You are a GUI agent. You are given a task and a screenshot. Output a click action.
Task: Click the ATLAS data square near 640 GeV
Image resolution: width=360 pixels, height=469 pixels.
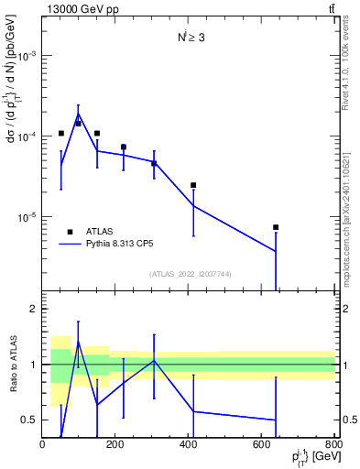(x=276, y=227)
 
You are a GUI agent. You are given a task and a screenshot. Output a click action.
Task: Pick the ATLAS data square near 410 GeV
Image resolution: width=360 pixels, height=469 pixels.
(x=193, y=185)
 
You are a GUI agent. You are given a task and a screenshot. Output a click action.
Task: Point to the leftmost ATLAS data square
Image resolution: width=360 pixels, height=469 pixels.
(x=61, y=134)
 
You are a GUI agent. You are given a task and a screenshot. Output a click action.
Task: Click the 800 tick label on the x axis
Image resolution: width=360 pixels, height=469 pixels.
(x=334, y=444)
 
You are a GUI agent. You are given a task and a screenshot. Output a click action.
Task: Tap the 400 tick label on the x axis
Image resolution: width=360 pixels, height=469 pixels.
(x=189, y=444)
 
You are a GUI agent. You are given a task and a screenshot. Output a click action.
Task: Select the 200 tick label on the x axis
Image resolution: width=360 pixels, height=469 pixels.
(x=115, y=444)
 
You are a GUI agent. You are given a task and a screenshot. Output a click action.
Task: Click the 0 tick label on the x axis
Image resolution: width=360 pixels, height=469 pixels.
(x=42, y=444)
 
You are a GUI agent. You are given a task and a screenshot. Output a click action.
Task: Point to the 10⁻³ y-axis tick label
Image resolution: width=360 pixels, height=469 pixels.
(x=27, y=56)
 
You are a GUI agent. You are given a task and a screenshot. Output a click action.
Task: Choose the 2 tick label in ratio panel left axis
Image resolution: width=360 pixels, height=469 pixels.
(x=33, y=310)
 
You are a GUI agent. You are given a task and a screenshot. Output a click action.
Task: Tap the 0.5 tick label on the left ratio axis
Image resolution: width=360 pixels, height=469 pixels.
(x=28, y=420)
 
